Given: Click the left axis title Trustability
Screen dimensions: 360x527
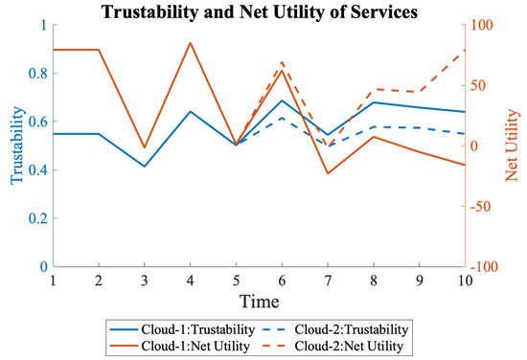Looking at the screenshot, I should coord(16,146).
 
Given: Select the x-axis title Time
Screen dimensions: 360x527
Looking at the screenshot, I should coord(259,301).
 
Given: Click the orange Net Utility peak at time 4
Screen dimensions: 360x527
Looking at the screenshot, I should coord(191,43).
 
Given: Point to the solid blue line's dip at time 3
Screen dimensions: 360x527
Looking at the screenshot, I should coord(145,167).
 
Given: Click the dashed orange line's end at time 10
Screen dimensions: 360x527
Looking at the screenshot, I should coord(465,50).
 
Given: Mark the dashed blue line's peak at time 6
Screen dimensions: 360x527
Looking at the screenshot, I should coord(282,118).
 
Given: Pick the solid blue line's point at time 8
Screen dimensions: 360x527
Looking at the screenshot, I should coord(373,102).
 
